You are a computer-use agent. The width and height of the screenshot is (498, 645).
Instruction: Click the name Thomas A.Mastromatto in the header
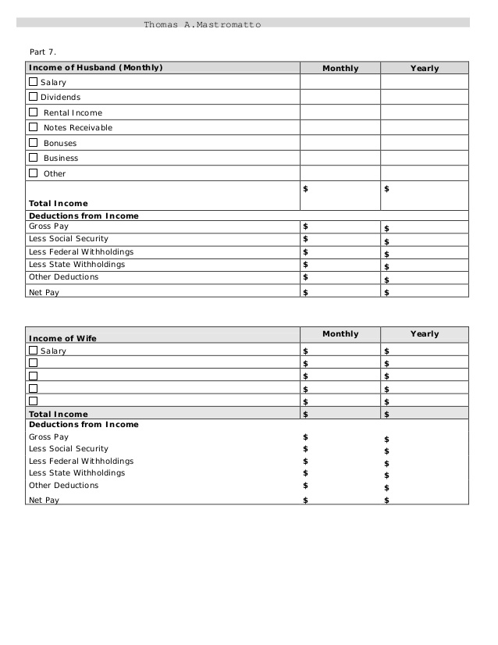pos(202,25)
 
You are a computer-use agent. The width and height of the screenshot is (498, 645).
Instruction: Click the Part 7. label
pos(42,52)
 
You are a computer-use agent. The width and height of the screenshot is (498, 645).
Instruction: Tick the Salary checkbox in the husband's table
pos(33,81)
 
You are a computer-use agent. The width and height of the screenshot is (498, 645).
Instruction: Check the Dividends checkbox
pos(33,97)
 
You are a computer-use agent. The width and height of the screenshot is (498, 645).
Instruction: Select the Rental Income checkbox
pos(33,112)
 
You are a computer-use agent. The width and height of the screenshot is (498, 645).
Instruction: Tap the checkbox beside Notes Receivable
pos(33,127)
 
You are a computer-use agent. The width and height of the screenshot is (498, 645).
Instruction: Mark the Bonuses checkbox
pos(33,142)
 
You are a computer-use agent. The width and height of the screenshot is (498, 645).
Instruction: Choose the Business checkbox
pos(33,157)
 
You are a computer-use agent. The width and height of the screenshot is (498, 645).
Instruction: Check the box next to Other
pos(33,173)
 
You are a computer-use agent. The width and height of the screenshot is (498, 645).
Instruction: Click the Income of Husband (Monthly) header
pos(95,67)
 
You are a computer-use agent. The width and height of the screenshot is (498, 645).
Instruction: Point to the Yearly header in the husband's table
pos(425,68)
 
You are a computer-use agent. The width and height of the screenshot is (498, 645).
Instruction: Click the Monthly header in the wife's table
pos(340,333)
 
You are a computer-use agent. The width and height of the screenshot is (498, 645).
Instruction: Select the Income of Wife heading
pos(62,338)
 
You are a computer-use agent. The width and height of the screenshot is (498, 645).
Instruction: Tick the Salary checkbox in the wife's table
pos(33,350)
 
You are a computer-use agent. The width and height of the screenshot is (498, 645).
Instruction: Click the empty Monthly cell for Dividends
pos(340,97)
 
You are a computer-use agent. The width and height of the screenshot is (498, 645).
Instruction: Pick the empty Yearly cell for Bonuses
pos(425,142)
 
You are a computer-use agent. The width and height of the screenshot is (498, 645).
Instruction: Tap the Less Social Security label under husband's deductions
pos(69,238)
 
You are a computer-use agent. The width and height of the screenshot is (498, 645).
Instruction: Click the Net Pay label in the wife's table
pos(44,500)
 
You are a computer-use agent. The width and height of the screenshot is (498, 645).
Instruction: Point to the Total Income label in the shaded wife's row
pos(59,414)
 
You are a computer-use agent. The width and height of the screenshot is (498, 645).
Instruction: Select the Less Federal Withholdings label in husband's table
pos(81,251)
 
